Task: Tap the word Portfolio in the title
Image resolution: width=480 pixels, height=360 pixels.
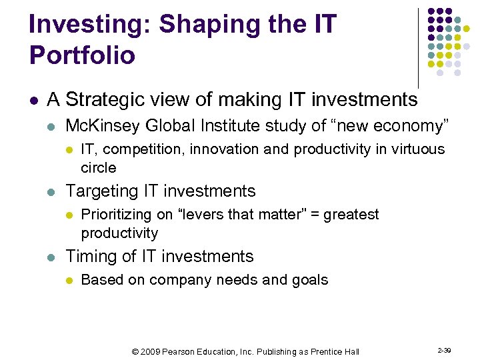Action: pos(82,55)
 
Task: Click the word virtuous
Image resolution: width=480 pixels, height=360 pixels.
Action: pos(411,149)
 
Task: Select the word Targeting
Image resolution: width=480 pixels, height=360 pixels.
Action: pos(103,191)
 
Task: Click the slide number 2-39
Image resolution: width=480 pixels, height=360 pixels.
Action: pos(444,350)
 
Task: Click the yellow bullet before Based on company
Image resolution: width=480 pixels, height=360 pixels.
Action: pos(69,280)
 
